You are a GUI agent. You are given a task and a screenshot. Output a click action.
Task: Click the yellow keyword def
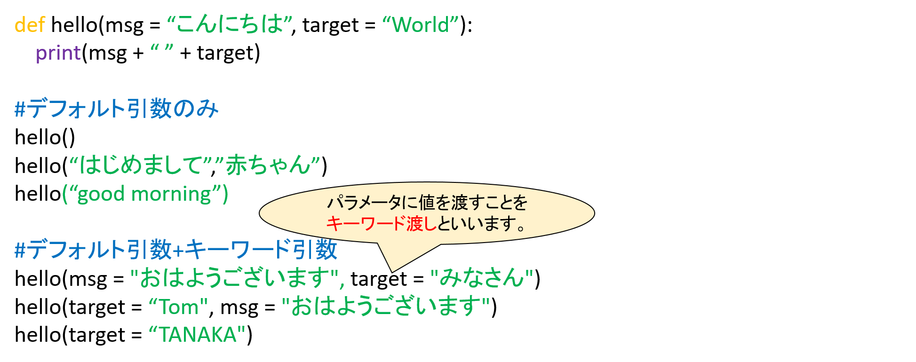click(x=30, y=24)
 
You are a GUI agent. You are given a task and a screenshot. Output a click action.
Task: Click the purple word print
click(x=58, y=53)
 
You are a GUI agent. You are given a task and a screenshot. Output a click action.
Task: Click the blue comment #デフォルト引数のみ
click(x=117, y=109)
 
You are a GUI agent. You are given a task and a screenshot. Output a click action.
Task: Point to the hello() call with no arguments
click(x=45, y=137)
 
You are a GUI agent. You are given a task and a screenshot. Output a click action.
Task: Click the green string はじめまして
click(x=141, y=165)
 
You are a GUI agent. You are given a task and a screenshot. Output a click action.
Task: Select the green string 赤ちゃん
click(x=269, y=165)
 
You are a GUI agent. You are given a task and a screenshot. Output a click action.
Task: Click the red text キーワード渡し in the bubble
click(x=382, y=224)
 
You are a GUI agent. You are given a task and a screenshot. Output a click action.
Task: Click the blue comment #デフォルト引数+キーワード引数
click(x=176, y=249)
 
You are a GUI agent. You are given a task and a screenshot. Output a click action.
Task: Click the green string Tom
click(x=179, y=307)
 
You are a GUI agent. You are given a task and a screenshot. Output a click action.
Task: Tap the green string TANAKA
click(x=198, y=335)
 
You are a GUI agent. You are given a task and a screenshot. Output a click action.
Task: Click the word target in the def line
click(x=330, y=25)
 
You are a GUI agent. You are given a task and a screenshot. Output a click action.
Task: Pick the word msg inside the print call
click(x=107, y=54)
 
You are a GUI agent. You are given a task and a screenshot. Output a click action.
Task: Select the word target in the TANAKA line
click(x=97, y=336)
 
